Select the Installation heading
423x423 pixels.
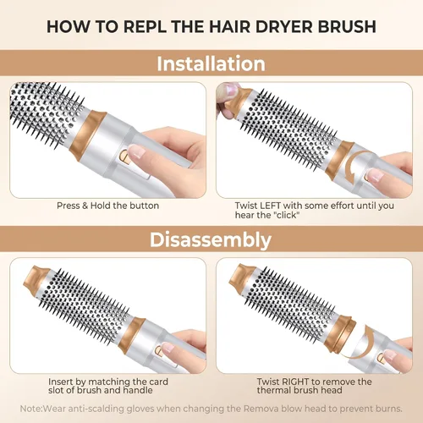click(211, 63)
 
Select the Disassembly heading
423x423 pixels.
click(211, 240)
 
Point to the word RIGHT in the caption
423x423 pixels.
click(294, 382)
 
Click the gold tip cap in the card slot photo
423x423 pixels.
click(36, 277)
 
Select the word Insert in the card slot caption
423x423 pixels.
click(60, 382)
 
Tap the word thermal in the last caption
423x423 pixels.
click(273, 390)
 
